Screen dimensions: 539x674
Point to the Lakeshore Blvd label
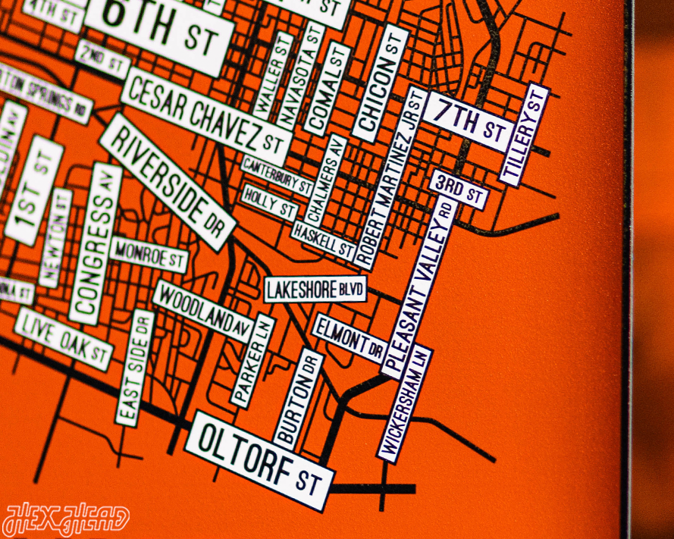(315, 289)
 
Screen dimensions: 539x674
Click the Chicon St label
(380, 83)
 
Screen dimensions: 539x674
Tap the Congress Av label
(96, 243)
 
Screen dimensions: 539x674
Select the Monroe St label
(148, 255)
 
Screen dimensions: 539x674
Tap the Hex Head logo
(65, 520)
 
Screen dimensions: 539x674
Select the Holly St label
(268, 202)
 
